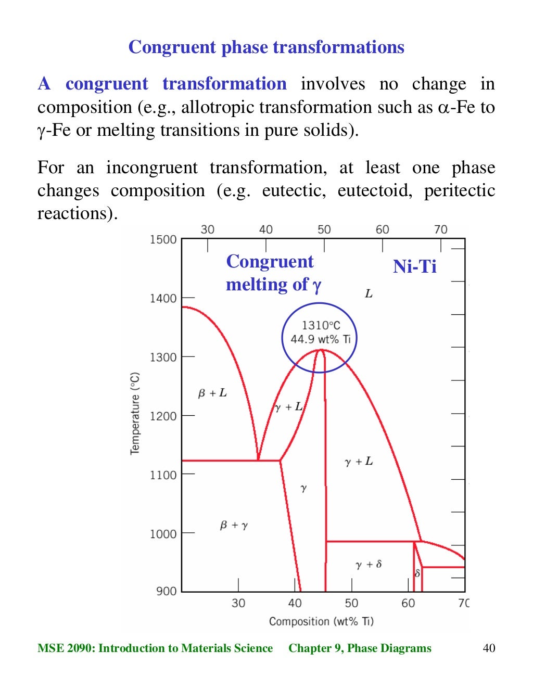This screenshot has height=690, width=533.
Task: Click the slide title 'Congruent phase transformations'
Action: click(x=266, y=47)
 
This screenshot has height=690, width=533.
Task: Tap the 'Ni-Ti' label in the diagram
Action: click(x=414, y=266)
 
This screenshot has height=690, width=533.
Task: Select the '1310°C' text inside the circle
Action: click(x=321, y=326)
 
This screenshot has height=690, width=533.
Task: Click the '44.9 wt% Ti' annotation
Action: click(x=321, y=339)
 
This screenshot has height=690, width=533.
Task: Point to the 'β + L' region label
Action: click(x=212, y=393)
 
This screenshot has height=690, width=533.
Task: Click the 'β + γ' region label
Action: click(x=234, y=525)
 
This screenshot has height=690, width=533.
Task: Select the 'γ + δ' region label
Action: click(x=369, y=565)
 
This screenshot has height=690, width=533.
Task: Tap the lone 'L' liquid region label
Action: click(x=369, y=294)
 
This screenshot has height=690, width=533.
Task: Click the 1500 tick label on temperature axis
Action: click(x=163, y=239)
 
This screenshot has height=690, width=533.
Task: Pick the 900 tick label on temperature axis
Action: click(x=166, y=591)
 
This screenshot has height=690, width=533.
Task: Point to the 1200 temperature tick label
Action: click(x=163, y=416)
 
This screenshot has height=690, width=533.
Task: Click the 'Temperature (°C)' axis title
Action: click(x=135, y=414)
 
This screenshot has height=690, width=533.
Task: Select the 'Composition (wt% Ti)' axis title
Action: click(x=321, y=621)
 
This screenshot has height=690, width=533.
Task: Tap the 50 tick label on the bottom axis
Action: click(x=351, y=603)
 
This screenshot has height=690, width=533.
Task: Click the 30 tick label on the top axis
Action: click(x=207, y=229)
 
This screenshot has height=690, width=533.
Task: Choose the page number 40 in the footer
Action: click(x=489, y=648)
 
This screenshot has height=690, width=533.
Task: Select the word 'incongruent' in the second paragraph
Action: click(x=151, y=168)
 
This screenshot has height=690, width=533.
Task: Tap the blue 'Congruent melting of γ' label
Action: click(x=273, y=273)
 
